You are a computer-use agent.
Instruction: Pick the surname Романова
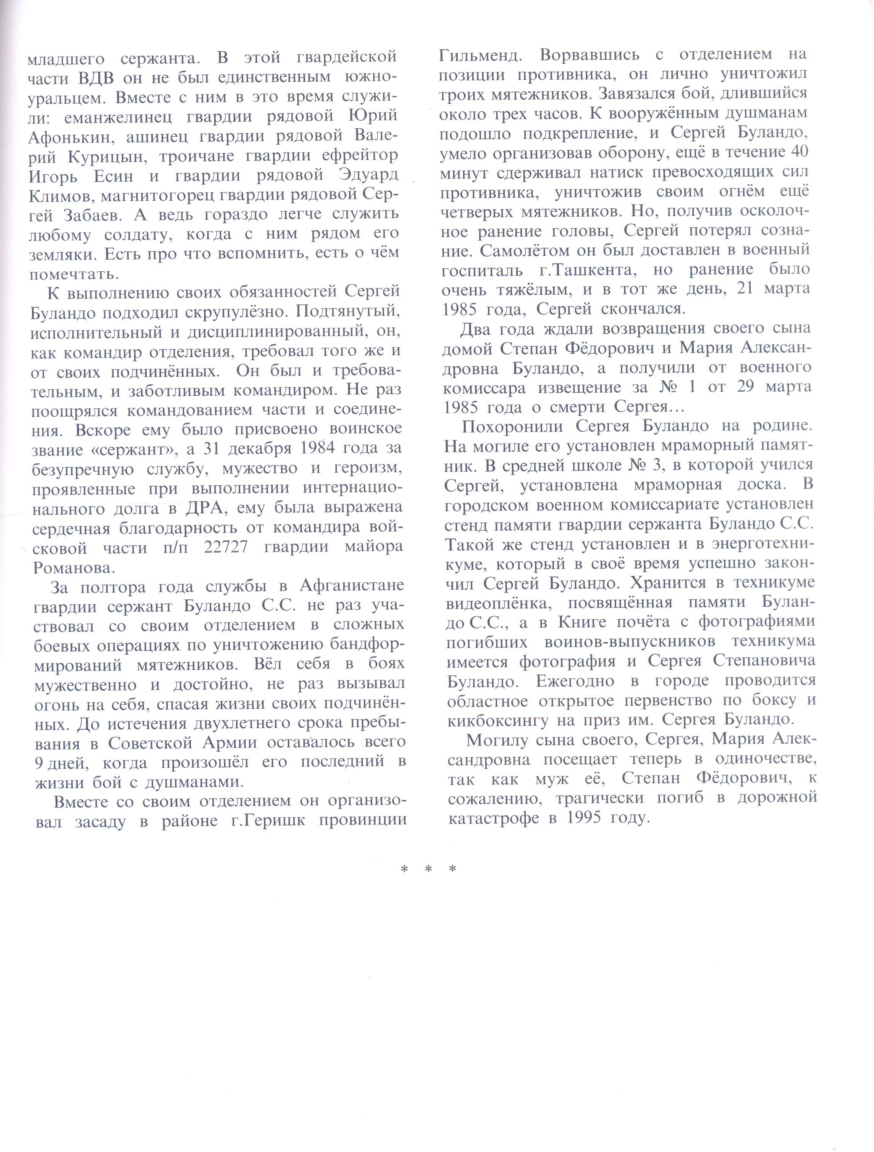tap(74, 567)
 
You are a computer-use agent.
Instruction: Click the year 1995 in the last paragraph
tap(588, 818)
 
